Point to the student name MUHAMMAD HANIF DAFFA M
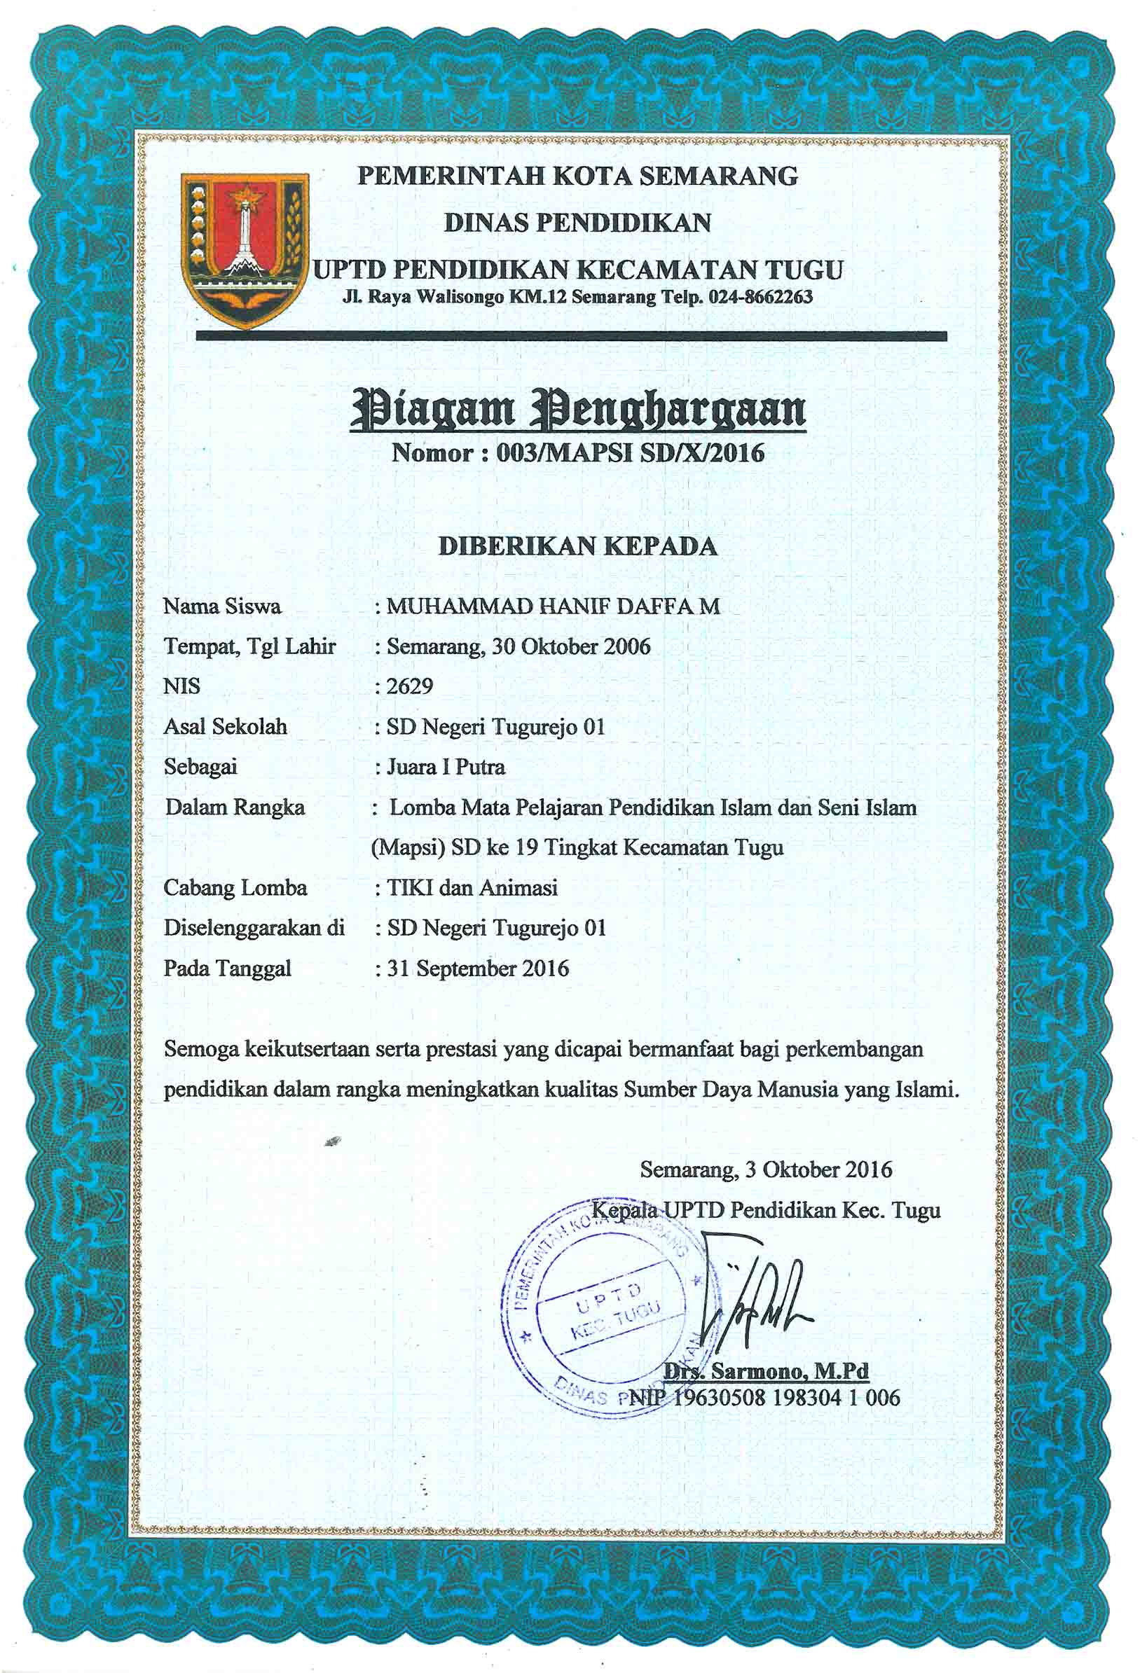pyautogui.click(x=552, y=606)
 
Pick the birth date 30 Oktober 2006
pyautogui.click(x=570, y=646)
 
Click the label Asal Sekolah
pyautogui.click(x=226, y=726)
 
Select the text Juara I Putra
pyautogui.click(x=446, y=767)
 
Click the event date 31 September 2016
pyautogui.click(x=477, y=969)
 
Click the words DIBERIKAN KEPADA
pyautogui.click(x=577, y=546)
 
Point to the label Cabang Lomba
pyautogui.click(x=235, y=887)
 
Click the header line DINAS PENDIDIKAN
pyautogui.click(x=577, y=223)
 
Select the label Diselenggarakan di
pyautogui.click(x=254, y=928)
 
